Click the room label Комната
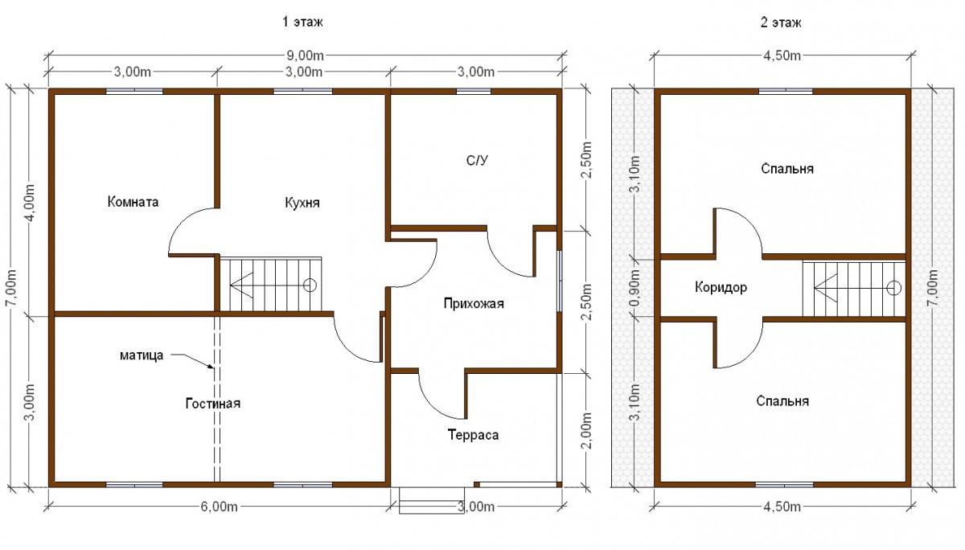tap(133, 202)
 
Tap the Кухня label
tap(302, 203)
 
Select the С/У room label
tap(478, 161)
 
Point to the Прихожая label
tap(474, 304)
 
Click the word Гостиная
tap(213, 404)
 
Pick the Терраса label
tap(473, 435)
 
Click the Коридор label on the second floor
tap(721, 287)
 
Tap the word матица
tap(142, 355)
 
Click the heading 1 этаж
tap(302, 22)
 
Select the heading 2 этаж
tap(781, 23)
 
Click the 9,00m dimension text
tap(305, 55)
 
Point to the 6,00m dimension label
tap(219, 507)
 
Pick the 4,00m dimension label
tap(31, 203)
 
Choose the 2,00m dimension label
tap(586, 431)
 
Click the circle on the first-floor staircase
tap(310, 285)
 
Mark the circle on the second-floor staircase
tap(894, 288)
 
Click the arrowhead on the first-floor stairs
tap(241, 285)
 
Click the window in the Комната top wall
tap(134, 92)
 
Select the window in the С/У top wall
tap(474, 92)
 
